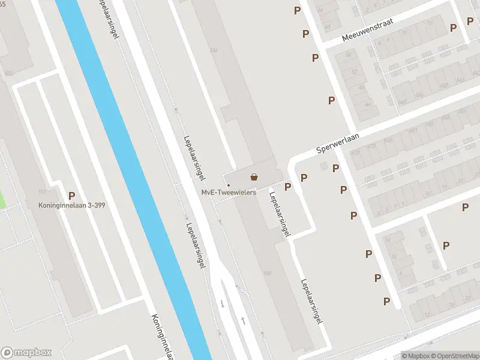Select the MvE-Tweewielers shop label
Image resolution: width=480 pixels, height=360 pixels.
[229, 193]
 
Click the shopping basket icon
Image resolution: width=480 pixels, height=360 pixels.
[254, 177]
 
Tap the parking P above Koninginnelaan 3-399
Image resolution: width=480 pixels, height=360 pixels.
[72, 195]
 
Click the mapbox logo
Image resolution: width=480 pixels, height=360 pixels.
[26, 352]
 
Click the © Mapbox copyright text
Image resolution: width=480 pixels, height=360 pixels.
[415, 355]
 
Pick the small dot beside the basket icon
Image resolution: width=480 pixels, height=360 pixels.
[229, 177]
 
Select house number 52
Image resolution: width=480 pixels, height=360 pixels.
[354, 72]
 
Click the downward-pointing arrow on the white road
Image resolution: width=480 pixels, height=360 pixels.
[222, 304]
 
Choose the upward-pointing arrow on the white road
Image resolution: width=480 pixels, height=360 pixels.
[243, 320]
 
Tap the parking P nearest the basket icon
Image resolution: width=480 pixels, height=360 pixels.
[287, 187]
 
